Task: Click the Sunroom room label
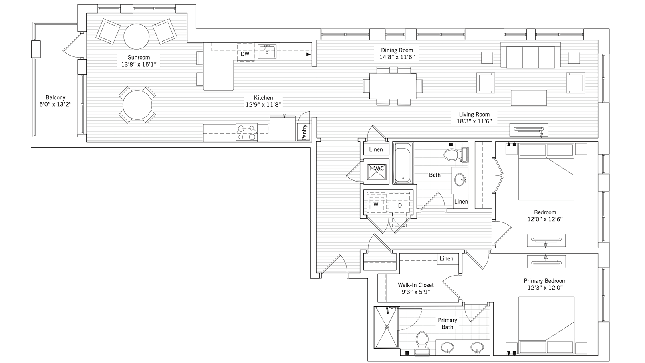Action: tap(139, 57)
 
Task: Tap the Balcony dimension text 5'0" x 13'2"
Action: tap(56, 104)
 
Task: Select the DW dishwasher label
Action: tap(245, 54)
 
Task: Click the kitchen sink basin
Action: tap(267, 52)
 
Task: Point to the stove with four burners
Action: tap(247, 132)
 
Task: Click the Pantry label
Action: tap(304, 132)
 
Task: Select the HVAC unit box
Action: tap(377, 171)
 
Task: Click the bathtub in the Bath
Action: tap(403, 163)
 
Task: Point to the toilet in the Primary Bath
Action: tap(422, 343)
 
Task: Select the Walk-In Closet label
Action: tap(416, 285)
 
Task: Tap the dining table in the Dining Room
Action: tap(393, 86)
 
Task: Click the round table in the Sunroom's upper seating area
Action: tap(137, 36)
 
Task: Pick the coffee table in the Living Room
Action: tap(529, 98)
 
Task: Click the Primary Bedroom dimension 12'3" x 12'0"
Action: tap(545, 288)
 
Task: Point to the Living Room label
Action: tap(474, 114)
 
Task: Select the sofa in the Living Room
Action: tap(530, 55)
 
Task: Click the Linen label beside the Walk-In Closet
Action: tap(446, 258)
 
